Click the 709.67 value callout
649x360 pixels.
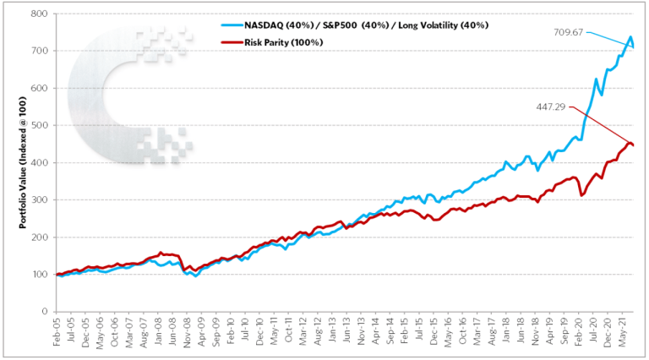(x=570, y=32)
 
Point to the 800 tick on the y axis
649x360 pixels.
(x=37, y=14)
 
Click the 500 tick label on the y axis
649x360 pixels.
(x=37, y=125)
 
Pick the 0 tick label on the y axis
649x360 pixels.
(x=43, y=312)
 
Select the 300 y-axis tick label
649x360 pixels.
(x=37, y=199)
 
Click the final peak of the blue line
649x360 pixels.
(x=630, y=38)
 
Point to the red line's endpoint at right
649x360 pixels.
(x=633, y=145)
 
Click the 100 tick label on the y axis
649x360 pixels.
(x=37, y=275)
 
